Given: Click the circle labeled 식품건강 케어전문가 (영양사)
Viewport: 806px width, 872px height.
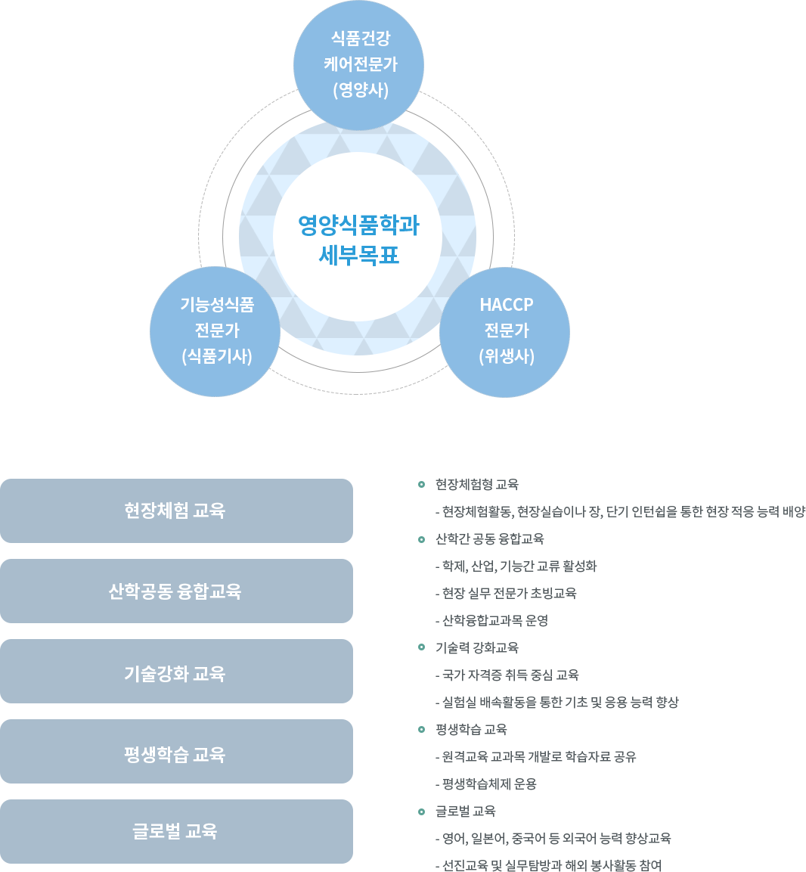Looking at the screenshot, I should click(x=359, y=65).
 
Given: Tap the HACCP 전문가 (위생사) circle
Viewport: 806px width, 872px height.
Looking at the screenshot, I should click(x=506, y=331).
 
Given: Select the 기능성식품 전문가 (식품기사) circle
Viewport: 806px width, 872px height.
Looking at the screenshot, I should click(x=216, y=331).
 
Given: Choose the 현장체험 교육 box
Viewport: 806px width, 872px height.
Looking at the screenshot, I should click(x=176, y=510).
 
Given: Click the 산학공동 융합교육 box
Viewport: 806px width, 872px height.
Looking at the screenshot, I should click(x=176, y=591).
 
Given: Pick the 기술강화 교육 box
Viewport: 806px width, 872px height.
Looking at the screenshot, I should click(x=176, y=672).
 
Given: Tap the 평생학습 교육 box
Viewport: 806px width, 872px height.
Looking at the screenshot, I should click(x=176, y=752).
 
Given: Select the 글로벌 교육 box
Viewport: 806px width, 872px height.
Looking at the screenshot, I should click(x=176, y=831).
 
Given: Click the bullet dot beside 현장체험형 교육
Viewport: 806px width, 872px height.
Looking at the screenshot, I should click(x=420, y=484).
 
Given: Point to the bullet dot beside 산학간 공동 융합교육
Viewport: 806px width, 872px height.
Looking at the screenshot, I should click(x=420, y=538).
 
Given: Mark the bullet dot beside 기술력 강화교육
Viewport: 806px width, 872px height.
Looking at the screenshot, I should click(x=420, y=647).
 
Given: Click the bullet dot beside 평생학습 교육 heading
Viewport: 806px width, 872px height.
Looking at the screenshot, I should click(x=420, y=729).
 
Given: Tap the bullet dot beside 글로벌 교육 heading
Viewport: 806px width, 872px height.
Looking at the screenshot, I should click(x=420, y=811).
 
